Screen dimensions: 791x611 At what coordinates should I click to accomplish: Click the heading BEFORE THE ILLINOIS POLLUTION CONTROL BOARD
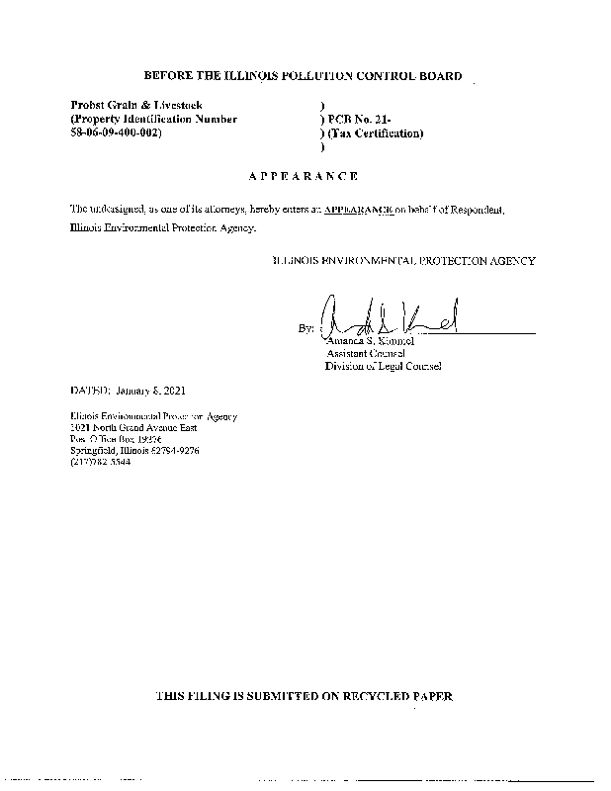(303, 75)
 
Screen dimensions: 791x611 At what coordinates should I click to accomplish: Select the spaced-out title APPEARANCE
(303, 176)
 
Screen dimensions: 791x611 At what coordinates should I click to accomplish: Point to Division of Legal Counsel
(384, 366)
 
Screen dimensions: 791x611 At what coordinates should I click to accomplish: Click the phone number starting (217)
(100, 462)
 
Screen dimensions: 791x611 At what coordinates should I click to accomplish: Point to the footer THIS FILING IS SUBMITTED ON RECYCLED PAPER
(305, 697)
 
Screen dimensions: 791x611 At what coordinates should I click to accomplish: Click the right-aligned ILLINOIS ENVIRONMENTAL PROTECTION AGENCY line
(403, 261)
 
